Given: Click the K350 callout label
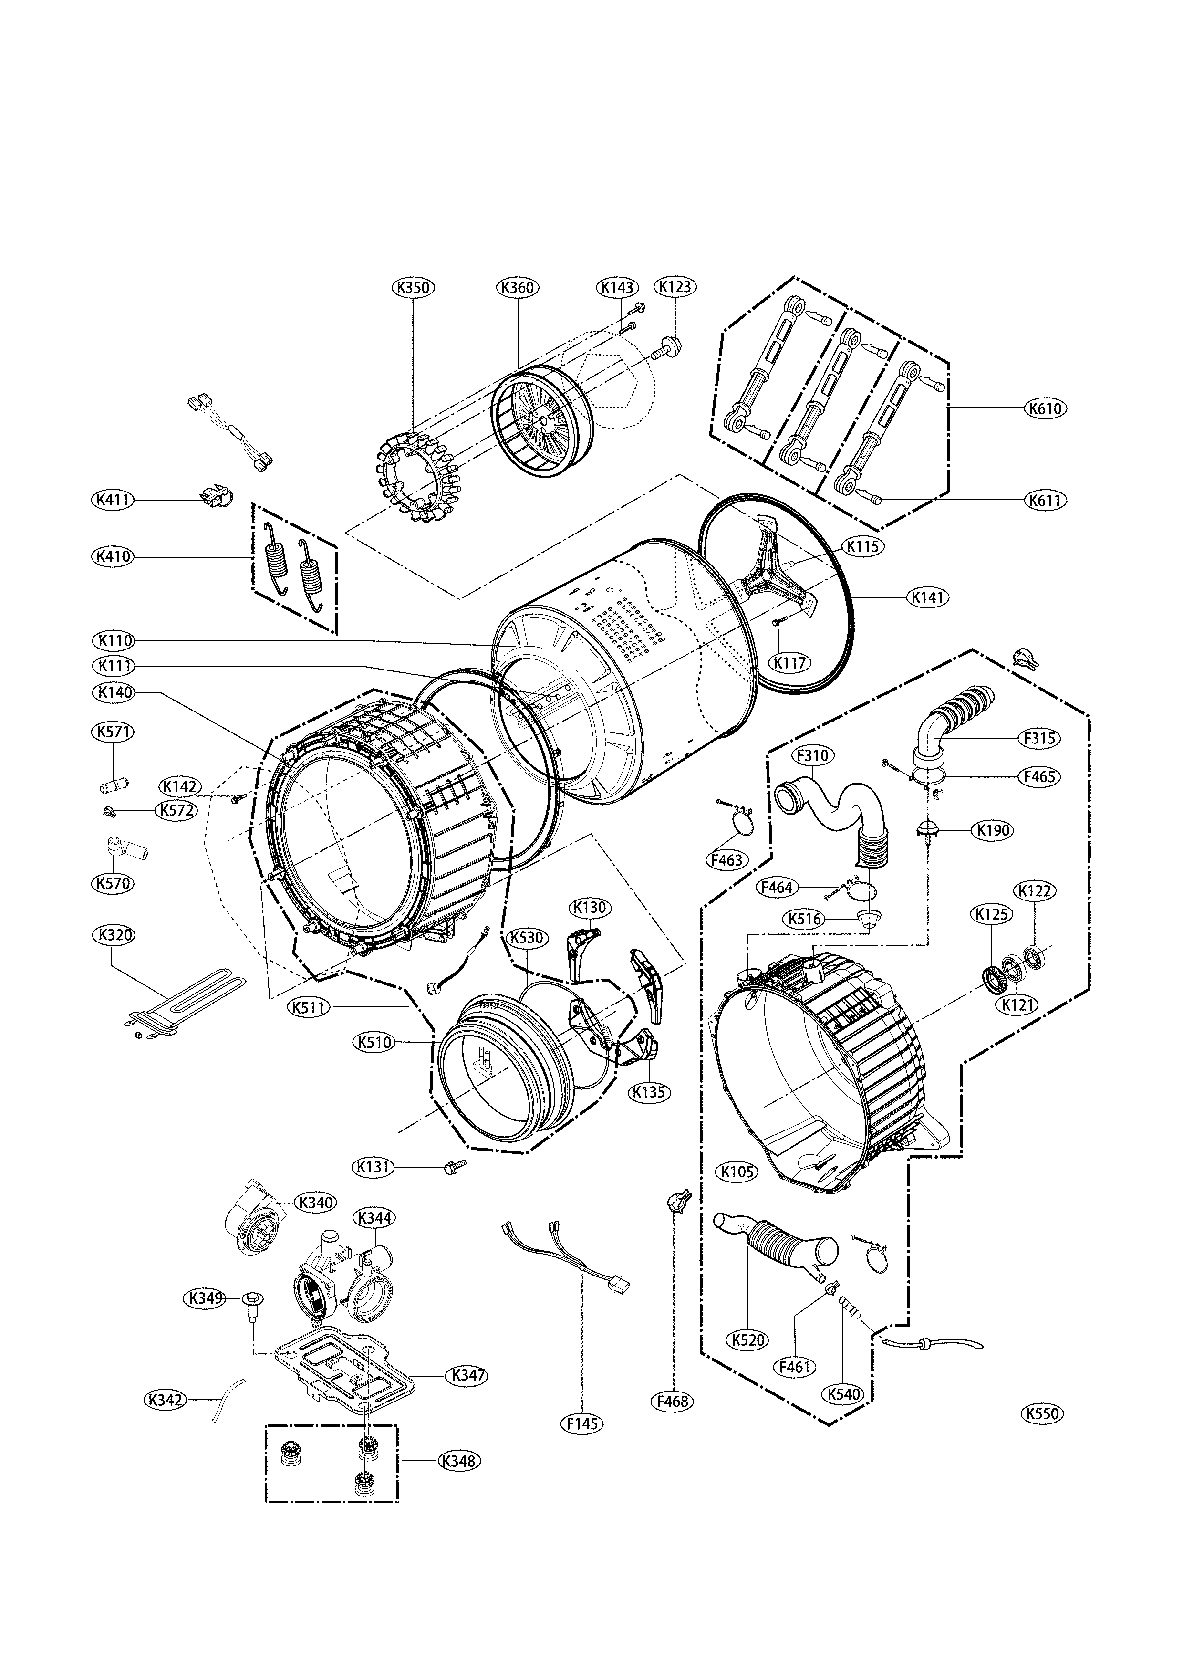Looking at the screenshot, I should click(x=413, y=287).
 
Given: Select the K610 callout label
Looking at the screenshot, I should click(x=1045, y=408).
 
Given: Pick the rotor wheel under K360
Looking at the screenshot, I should click(x=543, y=422).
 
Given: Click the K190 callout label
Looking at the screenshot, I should click(x=993, y=830).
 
